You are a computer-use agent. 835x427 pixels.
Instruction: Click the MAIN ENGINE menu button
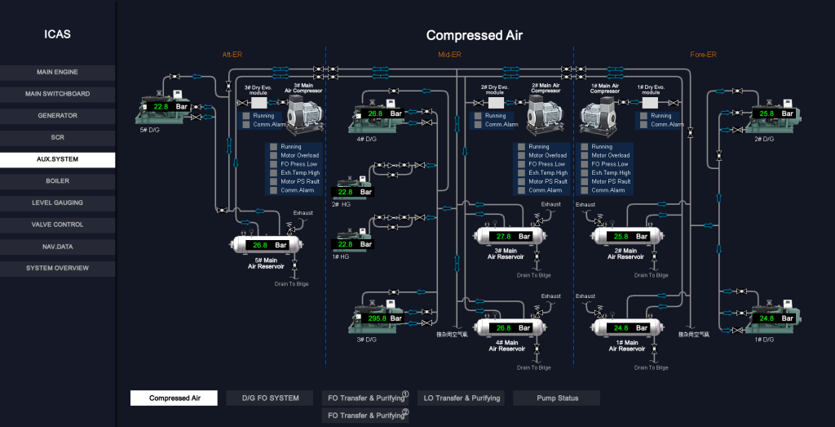[x=57, y=72]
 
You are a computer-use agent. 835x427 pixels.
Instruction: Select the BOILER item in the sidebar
[x=57, y=180]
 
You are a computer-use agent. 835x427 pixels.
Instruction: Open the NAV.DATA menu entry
[x=57, y=246]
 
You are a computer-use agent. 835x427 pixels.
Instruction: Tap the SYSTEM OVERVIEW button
[x=57, y=268]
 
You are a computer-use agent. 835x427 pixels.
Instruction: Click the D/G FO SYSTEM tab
[x=270, y=398]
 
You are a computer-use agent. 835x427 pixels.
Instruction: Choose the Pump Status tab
[x=557, y=398]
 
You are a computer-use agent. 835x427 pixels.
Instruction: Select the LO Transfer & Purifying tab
[x=462, y=398]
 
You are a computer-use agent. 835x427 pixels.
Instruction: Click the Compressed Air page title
[x=474, y=35]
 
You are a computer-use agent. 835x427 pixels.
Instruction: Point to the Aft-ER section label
[x=232, y=55]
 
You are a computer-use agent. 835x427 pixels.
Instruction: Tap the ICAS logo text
[x=57, y=34]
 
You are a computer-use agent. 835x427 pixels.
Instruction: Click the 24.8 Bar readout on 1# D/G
[x=776, y=318]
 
